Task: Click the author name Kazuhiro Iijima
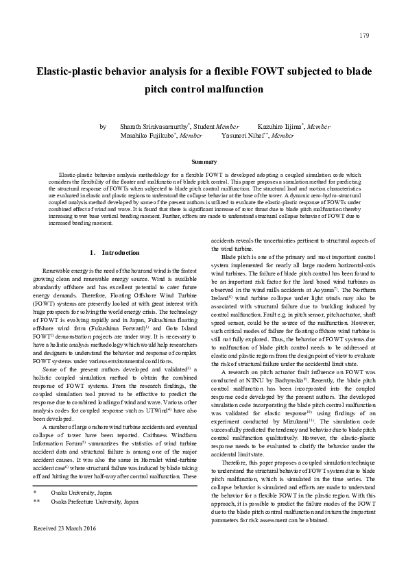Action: pyautogui.click(x=280, y=127)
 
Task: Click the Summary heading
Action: pyautogui.click(x=204, y=162)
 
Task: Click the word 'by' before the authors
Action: pyautogui.click(x=103, y=127)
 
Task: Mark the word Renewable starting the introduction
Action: pyautogui.click(x=58, y=272)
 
